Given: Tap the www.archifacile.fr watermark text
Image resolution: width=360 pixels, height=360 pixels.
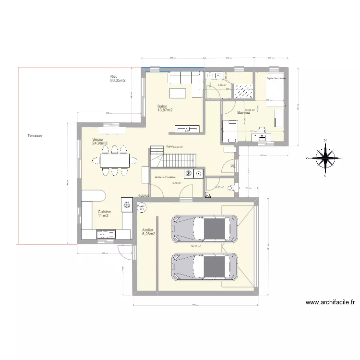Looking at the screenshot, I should pyautogui.click(x=330, y=302).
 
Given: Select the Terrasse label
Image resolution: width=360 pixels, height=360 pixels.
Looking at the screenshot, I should pyautogui.click(x=35, y=136).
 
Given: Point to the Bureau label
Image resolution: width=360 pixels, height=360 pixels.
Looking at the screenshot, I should pyautogui.click(x=243, y=113).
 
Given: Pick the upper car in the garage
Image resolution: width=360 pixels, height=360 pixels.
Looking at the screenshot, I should pyautogui.click(x=205, y=228).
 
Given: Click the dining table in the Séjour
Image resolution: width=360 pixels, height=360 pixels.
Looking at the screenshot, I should pyautogui.click(x=115, y=159).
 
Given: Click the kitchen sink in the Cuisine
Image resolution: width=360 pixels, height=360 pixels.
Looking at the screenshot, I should pyautogui.click(x=106, y=234).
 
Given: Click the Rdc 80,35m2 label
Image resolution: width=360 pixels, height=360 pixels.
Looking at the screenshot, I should pyautogui.click(x=118, y=79).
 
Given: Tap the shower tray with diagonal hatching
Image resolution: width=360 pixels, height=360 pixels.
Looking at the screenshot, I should pyautogui.click(x=242, y=88).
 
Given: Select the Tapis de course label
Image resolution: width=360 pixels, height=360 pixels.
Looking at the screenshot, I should pyautogui.click(x=276, y=78).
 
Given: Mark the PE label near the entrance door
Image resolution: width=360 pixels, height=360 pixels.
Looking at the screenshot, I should pyautogui.click(x=233, y=166).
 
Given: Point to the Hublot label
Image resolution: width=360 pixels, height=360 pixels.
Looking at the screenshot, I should pyautogui.click(x=143, y=196).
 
